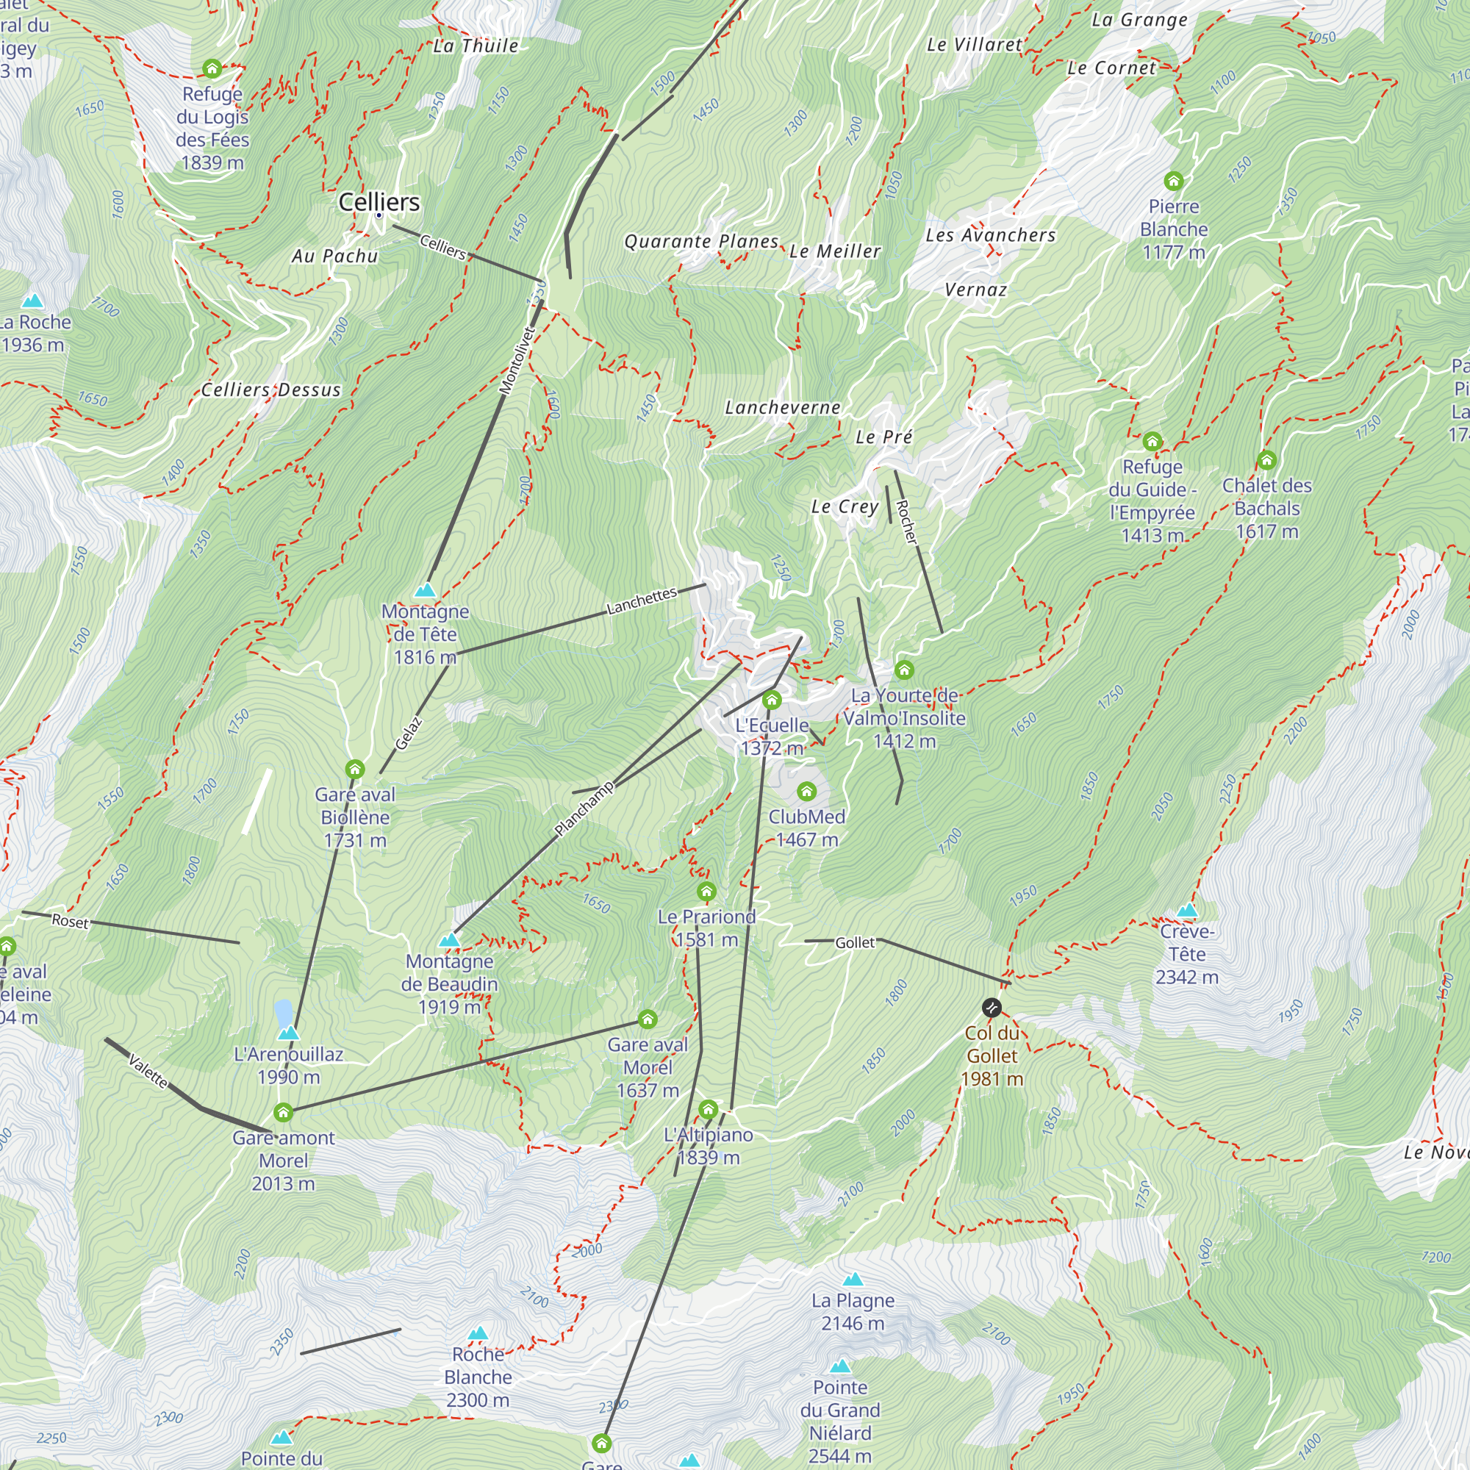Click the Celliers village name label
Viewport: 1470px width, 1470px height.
click(x=379, y=201)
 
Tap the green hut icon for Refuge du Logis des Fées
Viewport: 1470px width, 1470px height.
click(x=212, y=69)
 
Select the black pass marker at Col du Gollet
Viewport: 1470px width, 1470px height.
click(x=992, y=1008)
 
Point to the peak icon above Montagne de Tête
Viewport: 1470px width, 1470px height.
click(x=425, y=589)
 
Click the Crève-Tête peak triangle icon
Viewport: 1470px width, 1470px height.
click(x=1187, y=911)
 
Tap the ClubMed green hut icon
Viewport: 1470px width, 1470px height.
click(x=806, y=792)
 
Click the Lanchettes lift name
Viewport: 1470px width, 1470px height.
click(x=642, y=601)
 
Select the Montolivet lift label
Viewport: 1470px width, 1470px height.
click(x=518, y=360)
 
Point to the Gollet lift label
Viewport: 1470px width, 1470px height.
click(x=856, y=943)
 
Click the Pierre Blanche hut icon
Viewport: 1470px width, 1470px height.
click(x=1173, y=181)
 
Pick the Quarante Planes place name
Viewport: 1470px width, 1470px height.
click(x=701, y=242)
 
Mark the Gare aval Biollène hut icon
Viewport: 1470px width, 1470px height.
click(x=354, y=770)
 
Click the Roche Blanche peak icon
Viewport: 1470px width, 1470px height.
click(x=478, y=1333)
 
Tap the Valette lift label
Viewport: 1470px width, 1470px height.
click(x=148, y=1072)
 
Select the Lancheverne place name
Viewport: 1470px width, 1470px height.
click(x=782, y=408)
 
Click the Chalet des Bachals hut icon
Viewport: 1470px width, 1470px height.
click(x=1266, y=460)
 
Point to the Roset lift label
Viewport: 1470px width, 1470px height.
click(x=70, y=921)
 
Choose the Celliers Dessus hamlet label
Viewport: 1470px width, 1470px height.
click(x=271, y=390)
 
